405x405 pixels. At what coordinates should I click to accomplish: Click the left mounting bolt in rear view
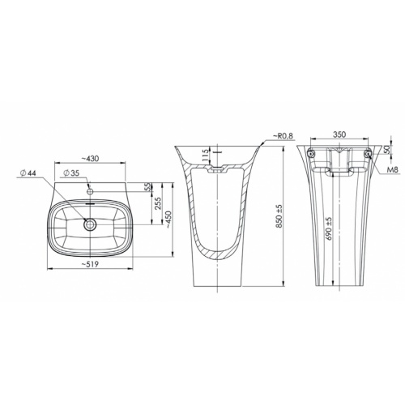[312, 152]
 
